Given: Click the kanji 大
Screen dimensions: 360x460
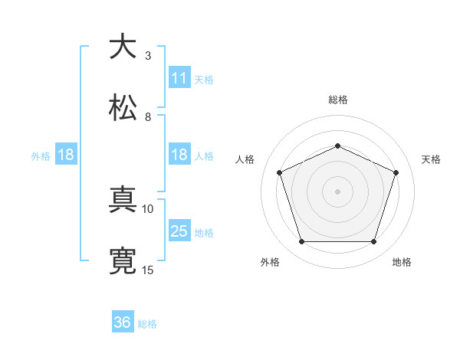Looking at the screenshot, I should [x=123, y=47].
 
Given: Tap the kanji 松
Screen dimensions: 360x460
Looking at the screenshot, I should [x=123, y=109].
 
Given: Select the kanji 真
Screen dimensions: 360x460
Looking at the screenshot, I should [x=123, y=201].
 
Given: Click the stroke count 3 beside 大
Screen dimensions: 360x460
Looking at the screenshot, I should [x=147, y=56].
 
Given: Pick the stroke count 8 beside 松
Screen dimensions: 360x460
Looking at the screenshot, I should [x=147, y=117].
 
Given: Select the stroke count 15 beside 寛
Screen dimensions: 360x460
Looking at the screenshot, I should [x=148, y=270].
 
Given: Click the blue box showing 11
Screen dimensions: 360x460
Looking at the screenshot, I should [x=179, y=78].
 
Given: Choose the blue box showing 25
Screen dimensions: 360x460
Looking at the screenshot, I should [x=179, y=231].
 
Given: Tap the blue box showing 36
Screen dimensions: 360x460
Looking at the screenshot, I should [x=123, y=322].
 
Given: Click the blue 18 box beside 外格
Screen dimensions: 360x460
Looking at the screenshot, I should [x=66, y=155].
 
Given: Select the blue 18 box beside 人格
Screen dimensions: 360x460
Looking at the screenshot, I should [x=179, y=155].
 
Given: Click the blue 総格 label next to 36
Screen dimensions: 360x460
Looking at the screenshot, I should [x=147, y=324].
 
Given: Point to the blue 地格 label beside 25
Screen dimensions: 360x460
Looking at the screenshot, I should [x=204, y=232].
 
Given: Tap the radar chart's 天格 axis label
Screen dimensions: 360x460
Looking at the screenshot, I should [x=432, y=159].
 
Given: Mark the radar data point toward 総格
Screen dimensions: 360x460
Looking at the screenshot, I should [x=337, y=145].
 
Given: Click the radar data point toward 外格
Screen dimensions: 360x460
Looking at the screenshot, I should [x=301, y=242].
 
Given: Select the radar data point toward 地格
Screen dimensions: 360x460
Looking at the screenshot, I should [x=373, y=242].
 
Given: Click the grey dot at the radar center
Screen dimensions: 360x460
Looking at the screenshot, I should [x=337, y=191].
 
